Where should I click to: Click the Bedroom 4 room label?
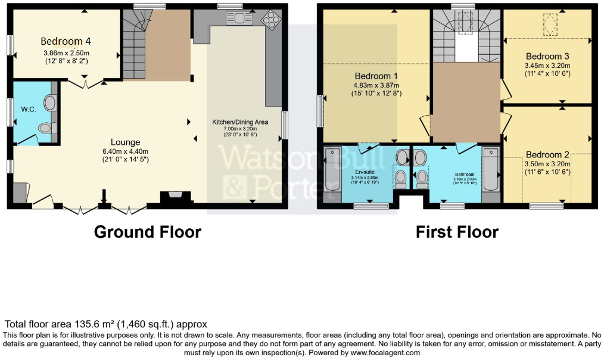(x=66, y=41)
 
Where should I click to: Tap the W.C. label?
(x=27, y=110)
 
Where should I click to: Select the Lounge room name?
(x=125, y=142)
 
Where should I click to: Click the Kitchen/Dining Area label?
(x=240, y=122)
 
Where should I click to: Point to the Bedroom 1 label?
(x=376, y=76)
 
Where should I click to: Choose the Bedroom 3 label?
(x=547, y=57)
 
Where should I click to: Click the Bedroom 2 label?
(x=547, y=155)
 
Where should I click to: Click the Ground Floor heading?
(x=147, y=232)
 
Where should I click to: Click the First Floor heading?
(x=457, y=232)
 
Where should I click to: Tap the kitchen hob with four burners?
(x=272, y=19)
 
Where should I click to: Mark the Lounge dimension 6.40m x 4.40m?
(x=125, y=151)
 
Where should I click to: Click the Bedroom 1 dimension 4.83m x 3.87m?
(x=376, y=85)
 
